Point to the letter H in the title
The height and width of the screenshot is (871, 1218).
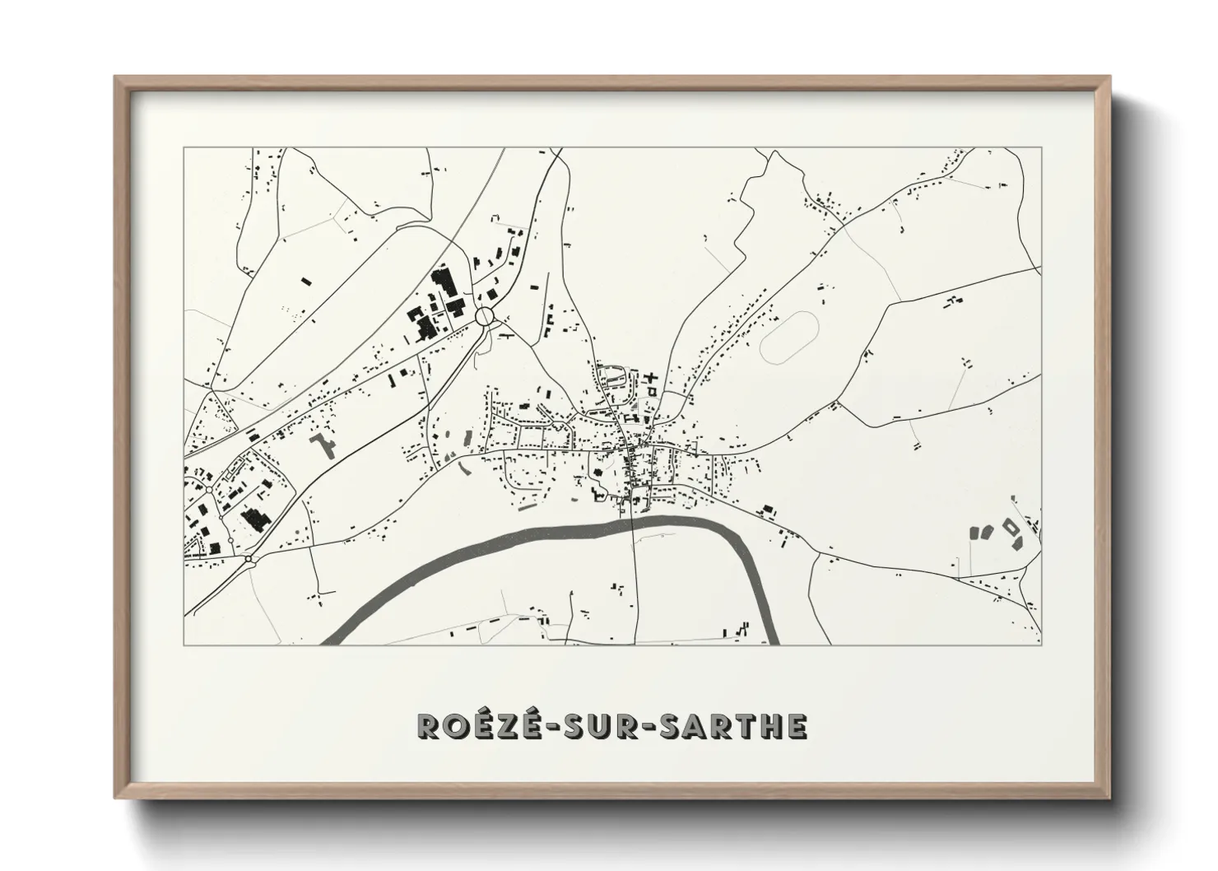point(770,725)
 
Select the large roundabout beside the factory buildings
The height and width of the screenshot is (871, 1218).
point(485,316)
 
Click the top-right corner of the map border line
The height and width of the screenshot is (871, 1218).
point(1040,148)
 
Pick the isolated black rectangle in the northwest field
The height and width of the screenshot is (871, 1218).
point(307,282)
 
